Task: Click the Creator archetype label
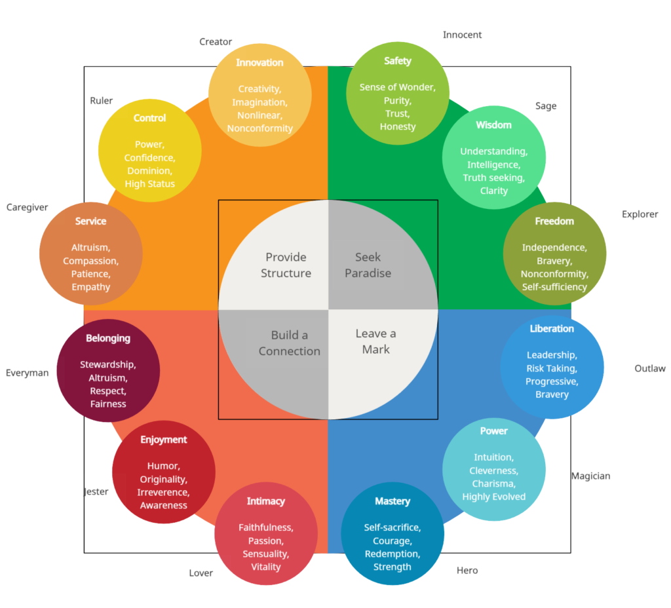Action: (x=216, y=42)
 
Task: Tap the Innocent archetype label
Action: (x=462, y=35)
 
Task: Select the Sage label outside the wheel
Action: (x=545, y=106)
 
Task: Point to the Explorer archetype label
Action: (x=640, y=214)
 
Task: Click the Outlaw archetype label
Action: (x=649, y=369)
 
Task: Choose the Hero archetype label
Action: (x=467, y=571)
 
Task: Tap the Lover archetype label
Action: (x=201, y=573)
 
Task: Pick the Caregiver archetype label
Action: (x=27, y=208)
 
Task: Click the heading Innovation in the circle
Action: (x=259, y=63)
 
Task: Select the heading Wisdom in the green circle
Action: (x=493, y=125)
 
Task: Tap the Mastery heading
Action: (x=392, y=502)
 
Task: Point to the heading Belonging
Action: (x=108, y=339)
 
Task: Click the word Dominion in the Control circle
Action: (x=149, y=171)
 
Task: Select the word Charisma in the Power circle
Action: (x=493, y=484)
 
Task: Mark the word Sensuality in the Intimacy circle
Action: (x=265, y=554)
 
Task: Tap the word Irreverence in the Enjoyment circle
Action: (x=163, y=492)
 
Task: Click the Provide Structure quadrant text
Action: (x=286, y=265)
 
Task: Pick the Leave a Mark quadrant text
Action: (x=375, y=341)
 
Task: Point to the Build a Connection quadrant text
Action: (x=289, y=343)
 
